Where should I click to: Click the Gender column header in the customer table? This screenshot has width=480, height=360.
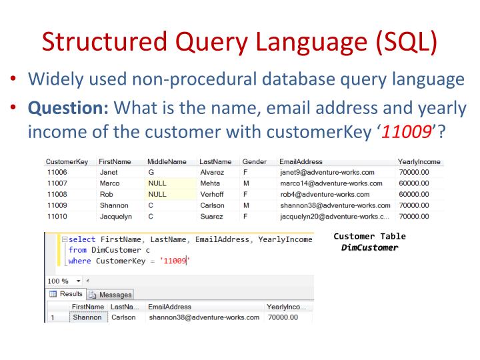point(254,161)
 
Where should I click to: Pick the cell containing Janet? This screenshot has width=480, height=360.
point(109,171)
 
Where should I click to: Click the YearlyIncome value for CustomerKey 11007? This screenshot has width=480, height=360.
point(414,183)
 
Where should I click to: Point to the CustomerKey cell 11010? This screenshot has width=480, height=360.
point(58,216)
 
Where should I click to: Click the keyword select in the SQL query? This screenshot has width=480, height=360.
point(81,239)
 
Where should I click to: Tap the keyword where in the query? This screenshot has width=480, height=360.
point(79,260)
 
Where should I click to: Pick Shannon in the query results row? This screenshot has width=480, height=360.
point(86,317)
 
